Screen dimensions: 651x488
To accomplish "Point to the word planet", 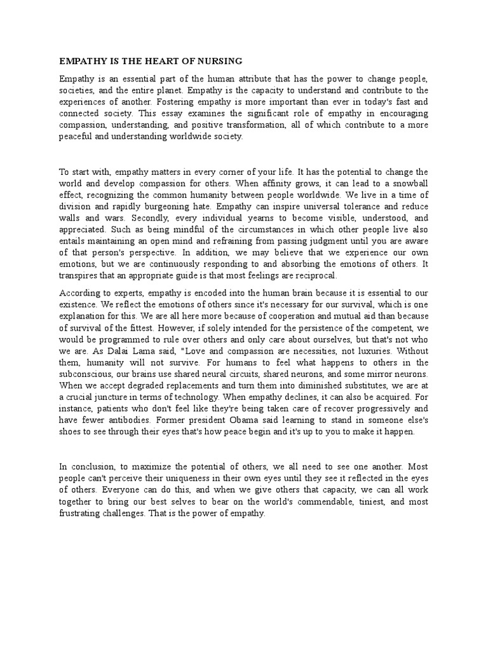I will [x=161, y=90].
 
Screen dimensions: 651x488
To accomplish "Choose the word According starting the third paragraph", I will [x=79, y=293].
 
